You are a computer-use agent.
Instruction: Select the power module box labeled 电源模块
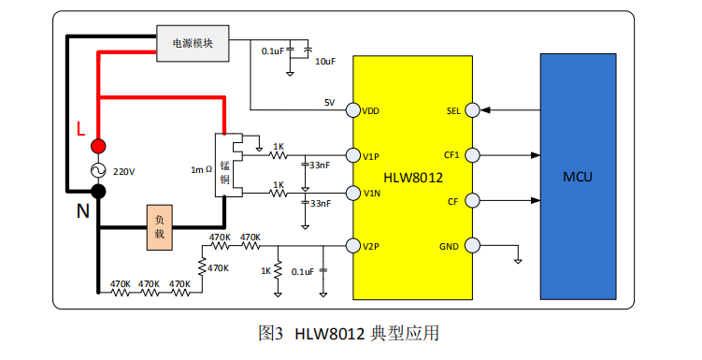[193, 43]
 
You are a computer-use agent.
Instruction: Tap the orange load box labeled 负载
[160, 227]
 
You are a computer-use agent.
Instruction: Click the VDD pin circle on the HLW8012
[353, 110]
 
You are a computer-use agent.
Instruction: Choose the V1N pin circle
[353, 194]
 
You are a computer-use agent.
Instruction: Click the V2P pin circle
[353, 246]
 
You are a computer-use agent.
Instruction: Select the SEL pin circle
[473, 110]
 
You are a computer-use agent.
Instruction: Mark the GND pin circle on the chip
[473, 246]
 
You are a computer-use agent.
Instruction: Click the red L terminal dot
[98, 146]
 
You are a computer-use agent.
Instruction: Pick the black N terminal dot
[98, 192]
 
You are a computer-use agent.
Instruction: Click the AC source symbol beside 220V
[98, 169]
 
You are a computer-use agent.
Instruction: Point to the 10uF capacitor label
[323, 62]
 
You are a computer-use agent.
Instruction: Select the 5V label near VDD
[328, 102]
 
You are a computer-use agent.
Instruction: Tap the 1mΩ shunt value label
[202, 170]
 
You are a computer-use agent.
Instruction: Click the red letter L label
[80, 128]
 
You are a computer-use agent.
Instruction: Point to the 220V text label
[123, 172]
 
